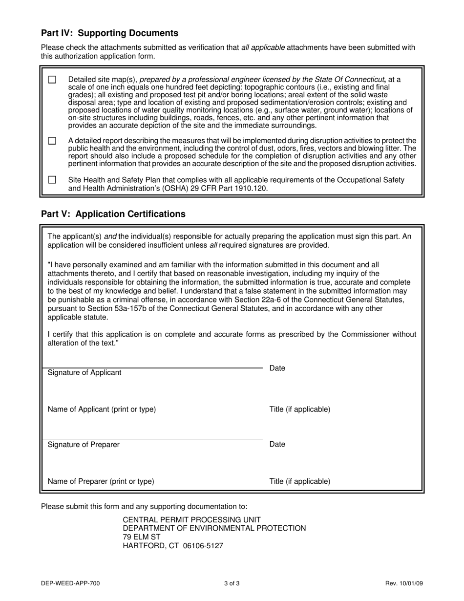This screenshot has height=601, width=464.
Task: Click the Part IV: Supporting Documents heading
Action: [x=109, y=33]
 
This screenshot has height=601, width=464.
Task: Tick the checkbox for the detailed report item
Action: [x=52, y=141]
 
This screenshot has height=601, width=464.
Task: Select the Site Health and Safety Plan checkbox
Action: [x=52, y=180]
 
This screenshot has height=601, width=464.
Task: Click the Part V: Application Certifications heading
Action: [x=113, y=214]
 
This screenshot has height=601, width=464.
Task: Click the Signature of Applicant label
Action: [x=84, y=373]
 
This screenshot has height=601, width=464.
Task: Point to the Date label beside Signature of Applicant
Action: [x=277, y=368]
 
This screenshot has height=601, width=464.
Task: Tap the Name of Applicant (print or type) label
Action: [x=102, y=409]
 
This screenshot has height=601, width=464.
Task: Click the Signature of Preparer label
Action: [x=84, y=445]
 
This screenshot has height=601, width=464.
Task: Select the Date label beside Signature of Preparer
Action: [x=277, y=445]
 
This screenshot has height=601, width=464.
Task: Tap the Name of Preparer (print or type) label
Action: [x=101, y=481]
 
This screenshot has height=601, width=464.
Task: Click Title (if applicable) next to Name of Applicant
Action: [x=299, y=409]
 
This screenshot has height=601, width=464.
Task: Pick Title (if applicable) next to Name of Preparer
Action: [x=299, y=481]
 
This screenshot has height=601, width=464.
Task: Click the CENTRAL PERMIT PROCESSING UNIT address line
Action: [x=191, y=520]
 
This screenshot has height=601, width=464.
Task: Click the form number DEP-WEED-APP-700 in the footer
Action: [x=71, y=583]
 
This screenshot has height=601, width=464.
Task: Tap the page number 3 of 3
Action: [x=232, y=583]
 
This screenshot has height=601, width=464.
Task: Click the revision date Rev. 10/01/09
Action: [x=404, y=583]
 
